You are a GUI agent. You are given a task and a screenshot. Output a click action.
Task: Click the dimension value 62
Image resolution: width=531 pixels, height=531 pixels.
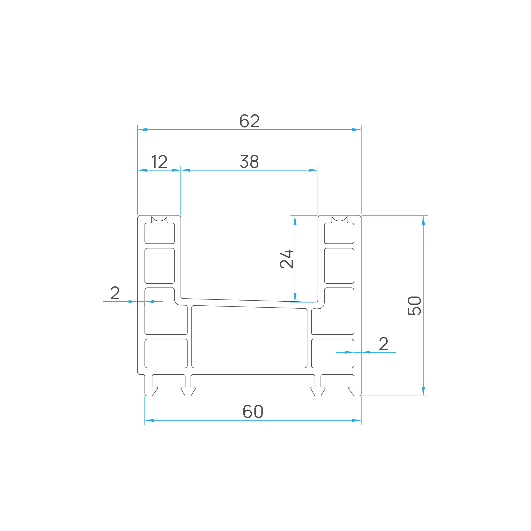(250, 121)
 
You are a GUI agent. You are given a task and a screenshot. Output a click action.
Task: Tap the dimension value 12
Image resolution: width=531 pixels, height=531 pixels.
(159, 161)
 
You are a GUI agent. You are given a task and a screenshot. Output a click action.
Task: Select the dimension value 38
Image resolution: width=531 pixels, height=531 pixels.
(249, 161)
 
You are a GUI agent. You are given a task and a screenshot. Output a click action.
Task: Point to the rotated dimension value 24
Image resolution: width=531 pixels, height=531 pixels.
(286, 259)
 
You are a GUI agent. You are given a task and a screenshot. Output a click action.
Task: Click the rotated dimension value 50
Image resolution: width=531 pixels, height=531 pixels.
(414, 306)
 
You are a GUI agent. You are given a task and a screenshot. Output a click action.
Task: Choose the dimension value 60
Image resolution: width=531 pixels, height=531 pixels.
(253, 411)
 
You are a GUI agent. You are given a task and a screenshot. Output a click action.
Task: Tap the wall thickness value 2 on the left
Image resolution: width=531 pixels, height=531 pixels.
(115, 293)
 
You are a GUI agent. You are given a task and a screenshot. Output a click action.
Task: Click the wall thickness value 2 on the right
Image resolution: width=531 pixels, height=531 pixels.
(383, 343)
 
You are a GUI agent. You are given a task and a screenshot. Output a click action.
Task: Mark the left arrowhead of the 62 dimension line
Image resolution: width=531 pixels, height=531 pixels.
(142, 129)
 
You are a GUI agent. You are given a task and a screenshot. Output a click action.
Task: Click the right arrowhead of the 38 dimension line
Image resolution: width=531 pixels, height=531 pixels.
(313, 170)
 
